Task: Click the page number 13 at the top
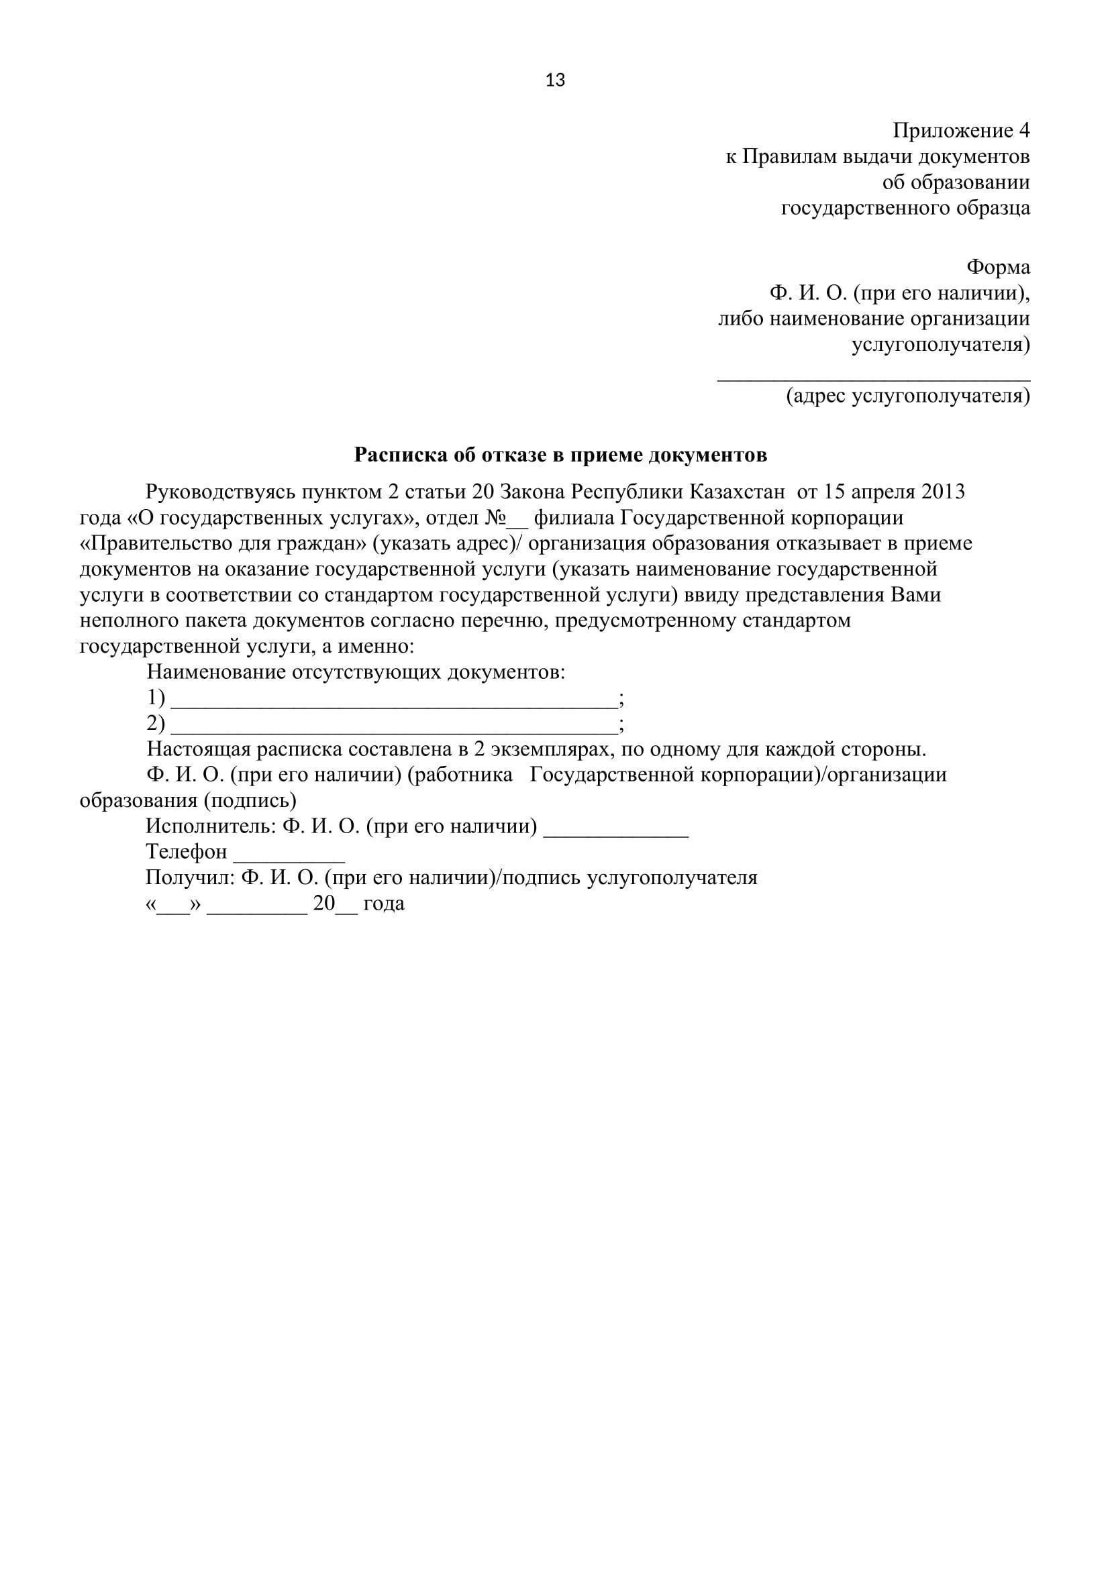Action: point(555,80)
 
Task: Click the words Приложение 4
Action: point(960,131)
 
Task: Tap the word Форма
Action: point(997,267)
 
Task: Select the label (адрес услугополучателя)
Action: point(908,396)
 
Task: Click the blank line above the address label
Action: point(873,378)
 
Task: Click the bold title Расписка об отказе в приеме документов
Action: point(560,455)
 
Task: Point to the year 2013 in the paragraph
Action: point(942,492)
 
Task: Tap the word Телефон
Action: point(186,852)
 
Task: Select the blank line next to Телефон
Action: point(289,861)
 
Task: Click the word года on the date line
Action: point(383,904)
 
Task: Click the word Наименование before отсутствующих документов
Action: point(216,672)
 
